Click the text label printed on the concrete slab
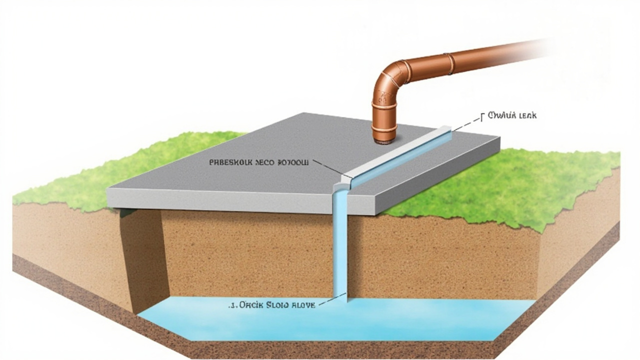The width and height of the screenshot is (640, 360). (257, 162)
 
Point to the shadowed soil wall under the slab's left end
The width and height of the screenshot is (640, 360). (142, 255)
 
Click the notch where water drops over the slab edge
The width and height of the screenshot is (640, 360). (341, 185)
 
